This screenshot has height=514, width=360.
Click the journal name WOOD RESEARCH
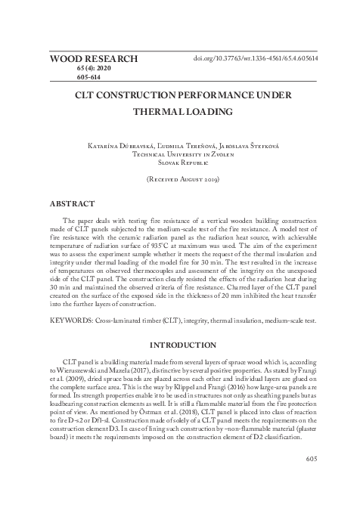(94, 58)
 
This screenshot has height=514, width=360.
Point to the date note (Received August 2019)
(179, 180)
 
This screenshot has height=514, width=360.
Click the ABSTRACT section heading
(72, 204)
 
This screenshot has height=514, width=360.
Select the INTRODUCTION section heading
(179, 345)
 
